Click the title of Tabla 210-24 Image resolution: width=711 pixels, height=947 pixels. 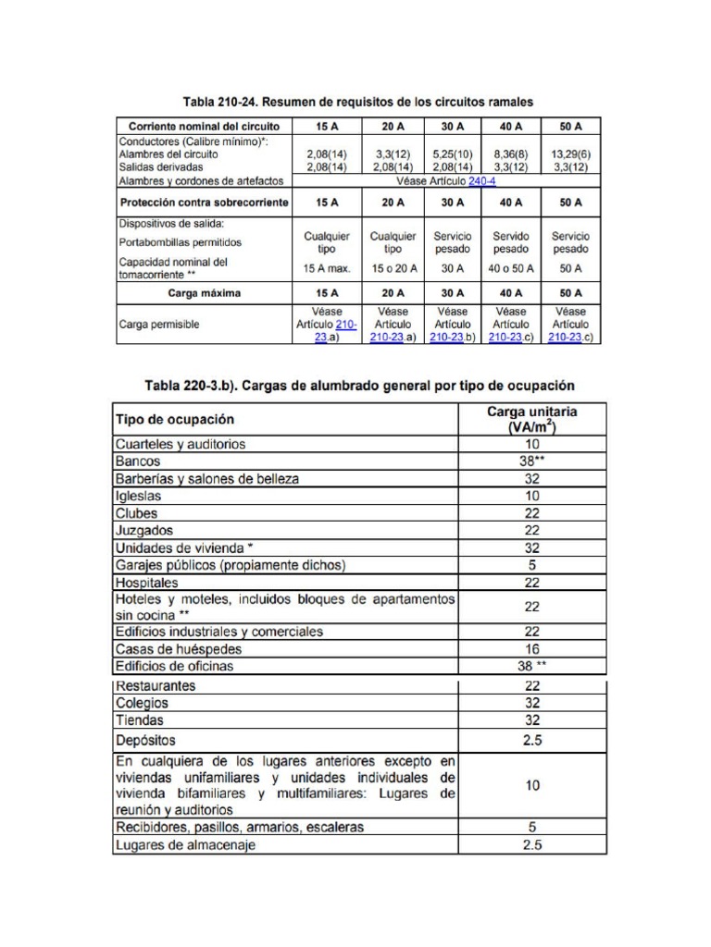coord(356,101)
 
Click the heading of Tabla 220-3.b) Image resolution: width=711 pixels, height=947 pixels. coord(358,385)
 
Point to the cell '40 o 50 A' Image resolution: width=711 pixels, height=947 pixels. coord(511,268)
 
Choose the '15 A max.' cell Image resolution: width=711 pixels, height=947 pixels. coord(327,268)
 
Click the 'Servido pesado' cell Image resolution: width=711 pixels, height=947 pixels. coord(511,242)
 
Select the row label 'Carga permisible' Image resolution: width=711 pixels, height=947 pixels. coord(159,325)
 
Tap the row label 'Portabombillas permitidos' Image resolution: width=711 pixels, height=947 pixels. coord(180,242)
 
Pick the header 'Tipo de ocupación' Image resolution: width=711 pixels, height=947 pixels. coord(175,419)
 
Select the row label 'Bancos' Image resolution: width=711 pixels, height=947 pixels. coord(138,461)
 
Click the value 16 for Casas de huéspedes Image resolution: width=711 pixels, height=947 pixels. coord(531,649)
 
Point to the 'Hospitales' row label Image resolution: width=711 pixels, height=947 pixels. coord(147,584)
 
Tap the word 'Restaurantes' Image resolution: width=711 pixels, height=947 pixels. coord(156,686)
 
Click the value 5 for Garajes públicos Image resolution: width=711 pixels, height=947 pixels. coord(531,565)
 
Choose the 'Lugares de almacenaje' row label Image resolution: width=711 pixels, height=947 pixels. coord(184,844)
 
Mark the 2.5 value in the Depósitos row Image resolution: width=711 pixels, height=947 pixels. coord(531,741)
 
